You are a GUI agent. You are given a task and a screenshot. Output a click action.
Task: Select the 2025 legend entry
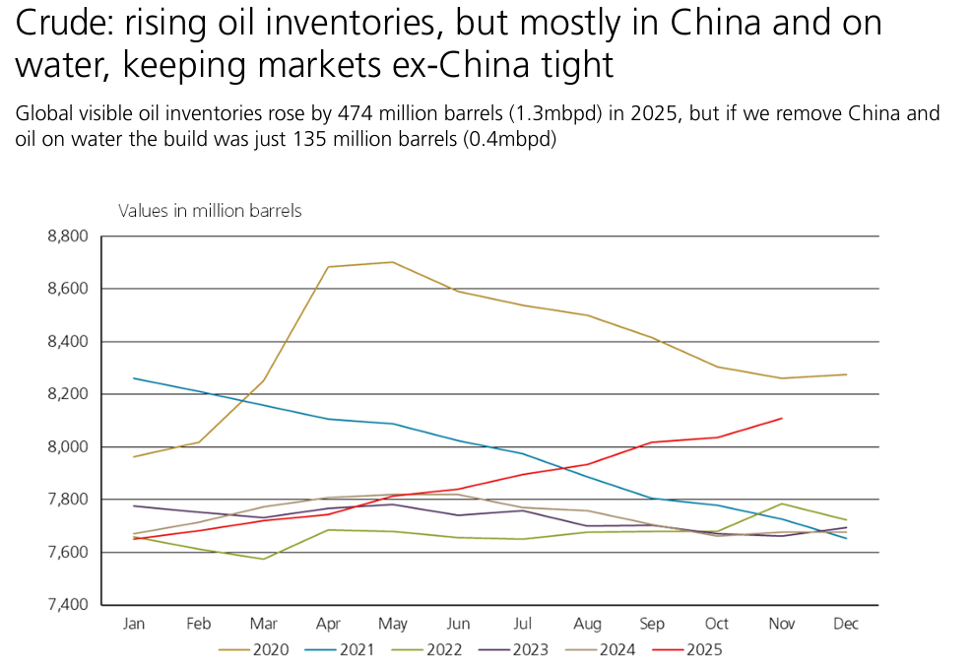click(689, 649)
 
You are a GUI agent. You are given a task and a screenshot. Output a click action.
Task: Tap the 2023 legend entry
click(523, 649)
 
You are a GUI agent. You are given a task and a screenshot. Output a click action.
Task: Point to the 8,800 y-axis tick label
click(67, 236)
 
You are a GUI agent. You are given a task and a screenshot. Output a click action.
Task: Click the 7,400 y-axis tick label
click(67, 604)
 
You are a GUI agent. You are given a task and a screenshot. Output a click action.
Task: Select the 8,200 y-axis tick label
click(67, 394)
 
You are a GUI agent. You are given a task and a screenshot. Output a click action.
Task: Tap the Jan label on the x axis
click(134, 624)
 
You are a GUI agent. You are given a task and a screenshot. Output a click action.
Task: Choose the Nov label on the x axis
click(781, 624)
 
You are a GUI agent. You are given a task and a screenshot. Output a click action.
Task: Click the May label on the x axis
click(393, 624)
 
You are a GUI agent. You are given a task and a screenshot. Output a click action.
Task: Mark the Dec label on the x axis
click(846, 624)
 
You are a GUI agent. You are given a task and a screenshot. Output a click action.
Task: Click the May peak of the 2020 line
click(393, 262)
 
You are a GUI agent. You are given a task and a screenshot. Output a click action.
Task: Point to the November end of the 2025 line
click(782, 418)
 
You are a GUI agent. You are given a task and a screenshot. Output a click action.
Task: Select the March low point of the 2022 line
click(264, 559)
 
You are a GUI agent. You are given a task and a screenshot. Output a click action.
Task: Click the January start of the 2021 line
click(134, 378)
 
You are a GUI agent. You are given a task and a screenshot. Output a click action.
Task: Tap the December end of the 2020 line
click(846, 374)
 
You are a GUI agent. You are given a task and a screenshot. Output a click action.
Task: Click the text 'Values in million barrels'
click(210, 211)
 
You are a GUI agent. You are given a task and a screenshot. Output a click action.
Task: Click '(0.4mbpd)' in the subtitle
click(511, 139)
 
